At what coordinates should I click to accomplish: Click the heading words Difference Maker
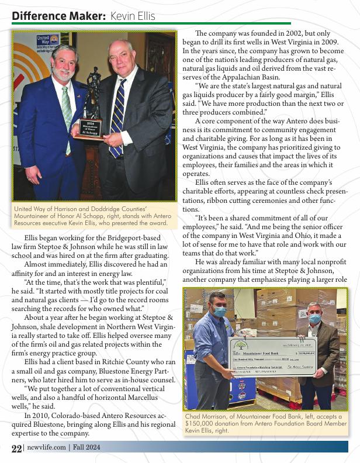coord(58,16)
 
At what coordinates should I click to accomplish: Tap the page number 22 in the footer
coord(16,448)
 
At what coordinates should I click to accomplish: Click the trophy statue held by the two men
coord(92,96)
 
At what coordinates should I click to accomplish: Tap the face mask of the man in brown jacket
coord(315,318)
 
